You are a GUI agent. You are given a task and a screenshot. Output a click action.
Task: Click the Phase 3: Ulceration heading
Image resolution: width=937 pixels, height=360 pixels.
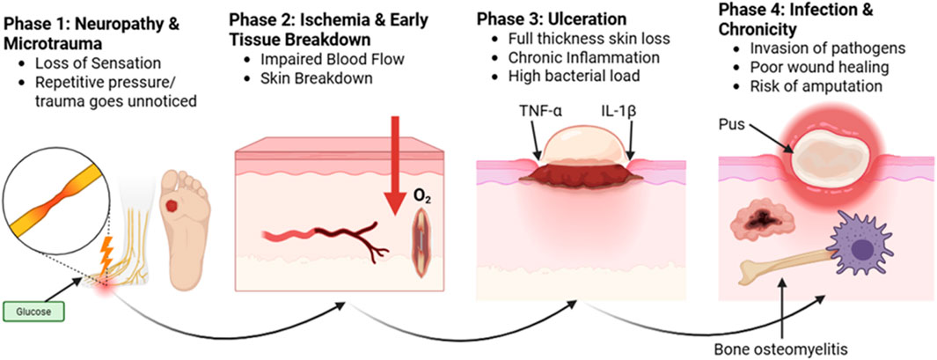point(552,18)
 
